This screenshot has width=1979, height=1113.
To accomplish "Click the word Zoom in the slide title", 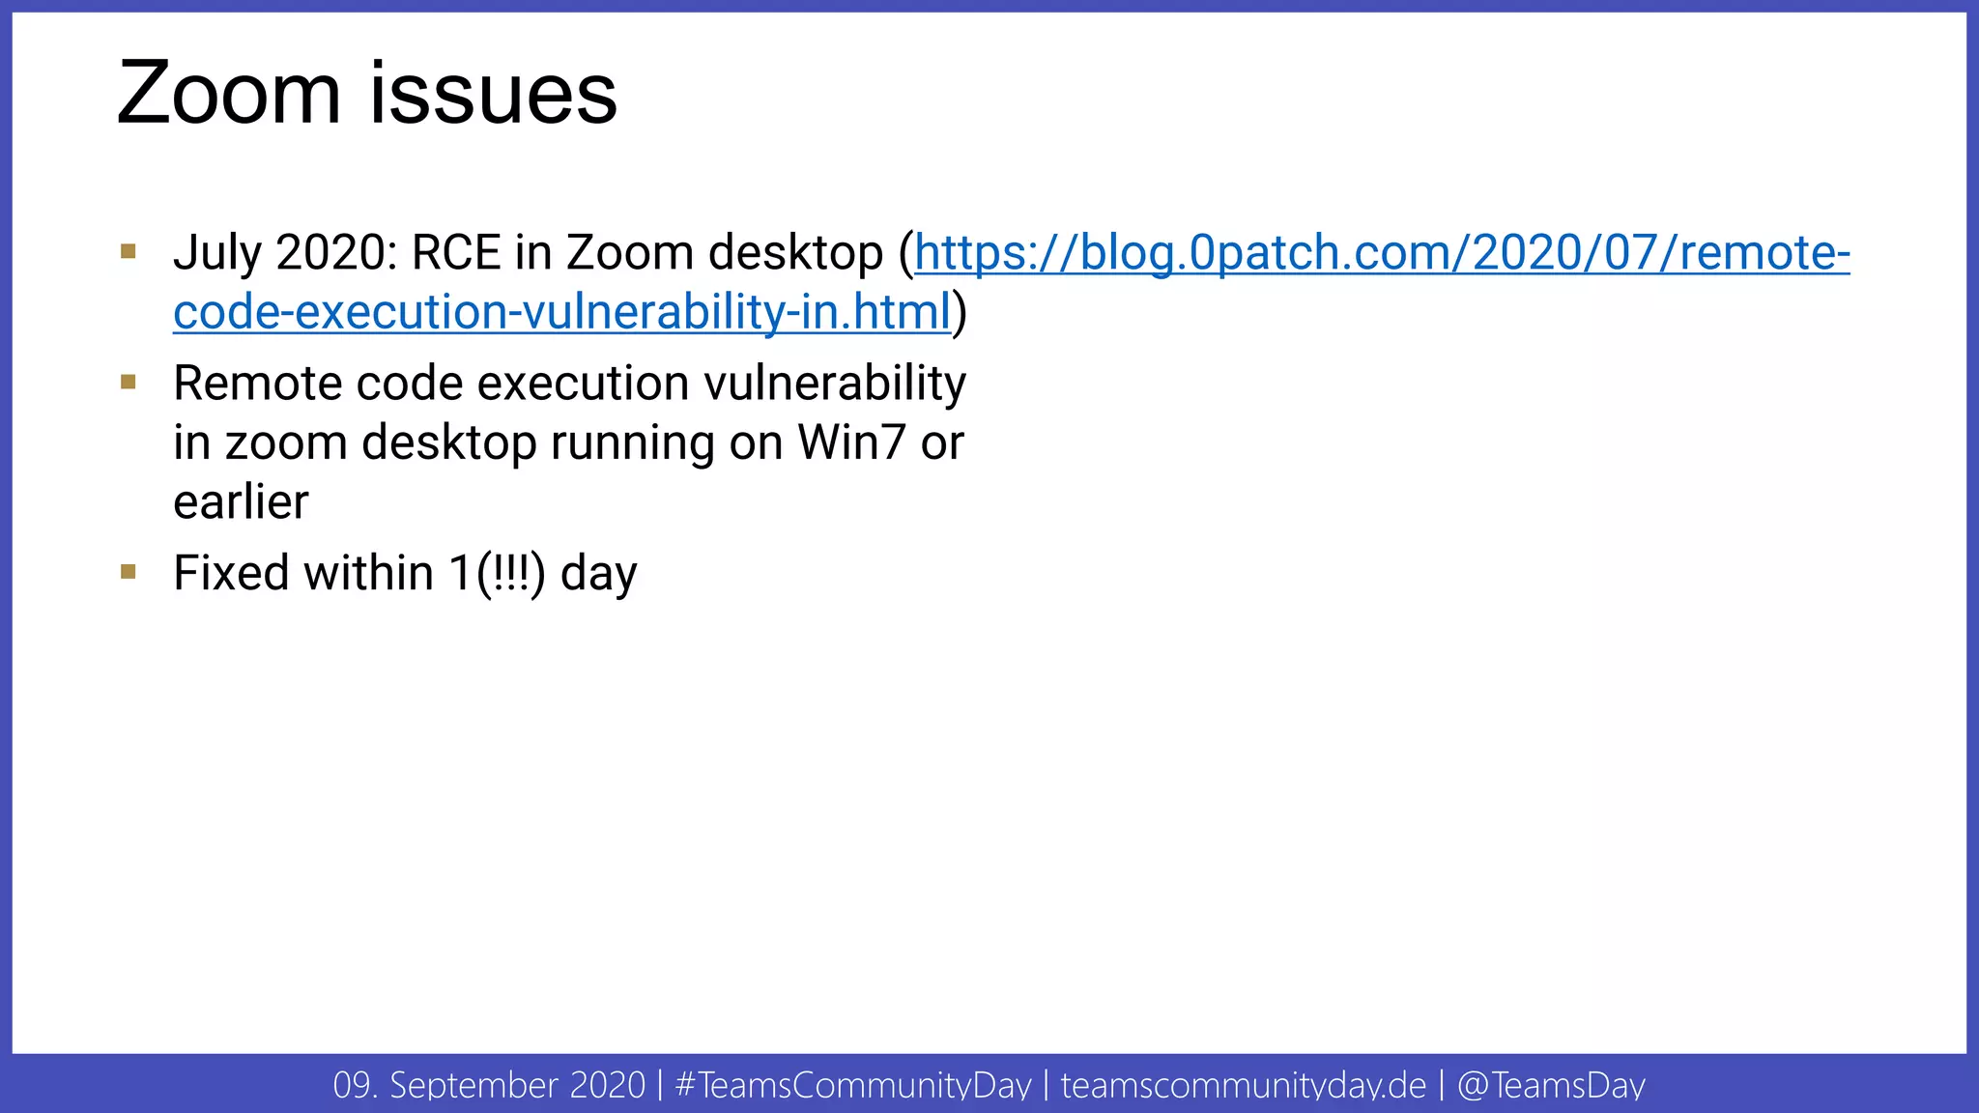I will [228, 94].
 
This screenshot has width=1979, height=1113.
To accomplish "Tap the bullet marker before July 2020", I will [129, 252].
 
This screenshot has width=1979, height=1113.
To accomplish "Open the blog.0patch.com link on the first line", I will [1382, 253].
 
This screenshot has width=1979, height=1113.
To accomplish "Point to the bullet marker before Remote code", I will [129, 383].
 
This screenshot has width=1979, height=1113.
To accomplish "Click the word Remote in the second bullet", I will [258, 384].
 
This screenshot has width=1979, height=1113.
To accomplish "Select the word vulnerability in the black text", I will [835, 384].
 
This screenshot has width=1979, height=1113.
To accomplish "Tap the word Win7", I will [851, 443].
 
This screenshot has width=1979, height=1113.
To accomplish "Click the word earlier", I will [241, 502].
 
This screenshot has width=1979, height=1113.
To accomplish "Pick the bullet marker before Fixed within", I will [129, 572].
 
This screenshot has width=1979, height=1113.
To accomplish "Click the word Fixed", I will [231, 573].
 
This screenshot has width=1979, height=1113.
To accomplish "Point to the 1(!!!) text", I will [497, 573].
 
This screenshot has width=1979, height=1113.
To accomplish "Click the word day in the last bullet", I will [598, 575].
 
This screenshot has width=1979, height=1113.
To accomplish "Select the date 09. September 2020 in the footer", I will [489, 1085].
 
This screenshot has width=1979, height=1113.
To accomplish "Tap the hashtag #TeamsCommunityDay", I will [853, 1085].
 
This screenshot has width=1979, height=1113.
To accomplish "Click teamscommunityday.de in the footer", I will [1243, 1085].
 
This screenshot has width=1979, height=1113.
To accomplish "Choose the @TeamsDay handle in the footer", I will [1551, 1085].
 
